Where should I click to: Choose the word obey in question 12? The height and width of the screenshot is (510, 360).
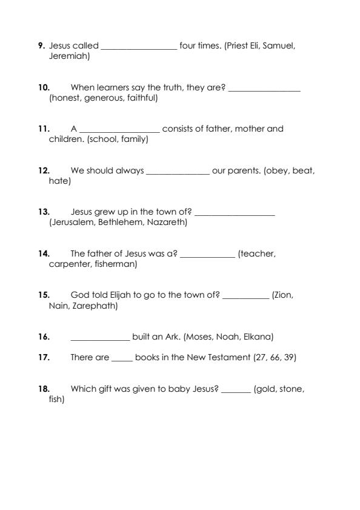click(x=279, y=171)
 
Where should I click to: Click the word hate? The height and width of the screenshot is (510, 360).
click(x=58, y=181)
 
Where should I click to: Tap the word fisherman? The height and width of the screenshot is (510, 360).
click(x=115, y=264)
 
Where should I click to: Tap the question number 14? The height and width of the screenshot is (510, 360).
click(x=44, y=254)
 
